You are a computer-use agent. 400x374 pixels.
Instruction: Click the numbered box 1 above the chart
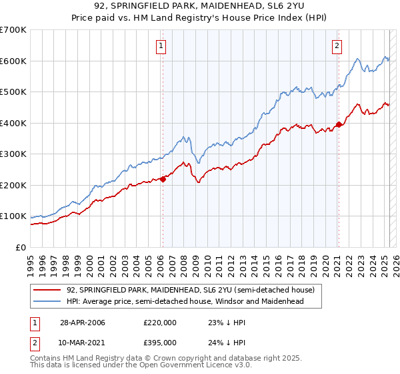(162, 46)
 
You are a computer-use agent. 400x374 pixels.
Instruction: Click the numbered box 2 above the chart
(337, 46)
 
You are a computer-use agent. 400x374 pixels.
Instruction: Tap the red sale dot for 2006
(163, 178)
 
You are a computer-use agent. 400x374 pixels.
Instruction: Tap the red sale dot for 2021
(339, 124)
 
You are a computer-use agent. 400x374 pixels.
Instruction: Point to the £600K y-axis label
(13, 61)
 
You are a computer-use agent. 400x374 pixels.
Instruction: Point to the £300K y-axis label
(13, 154)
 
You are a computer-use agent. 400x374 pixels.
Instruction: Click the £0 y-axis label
(20, 247)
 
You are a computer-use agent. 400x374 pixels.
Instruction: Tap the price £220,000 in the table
(159, 323)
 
